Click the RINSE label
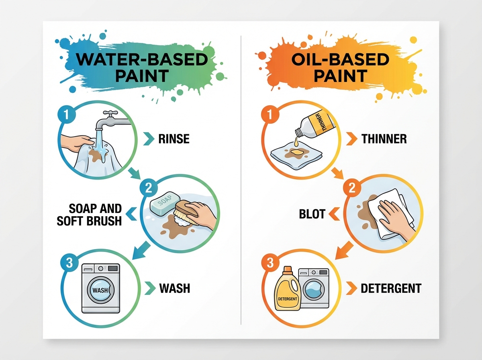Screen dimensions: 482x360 pyautogui.click(x=174, y=139)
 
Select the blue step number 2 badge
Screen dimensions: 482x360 pyautogui.click(x=149, y=188)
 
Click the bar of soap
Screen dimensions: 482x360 pyautogui.click(x=165, y=204)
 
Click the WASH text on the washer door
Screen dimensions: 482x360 pyautogui.click(x=100, y=290)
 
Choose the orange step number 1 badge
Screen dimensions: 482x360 pyautogui.click(x=270, y=114)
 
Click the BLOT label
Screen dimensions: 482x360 pyautogui.click(x=312, y=214)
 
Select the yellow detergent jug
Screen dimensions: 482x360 pyautogui.click(x=288, y=288)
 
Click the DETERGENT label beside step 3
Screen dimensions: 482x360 pyautogui.click(x=391, y=288)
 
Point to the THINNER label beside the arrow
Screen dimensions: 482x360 pyautogui.click(x=384, y=139)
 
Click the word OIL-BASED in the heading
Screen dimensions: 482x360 pyautogui.click(x=340, y=59)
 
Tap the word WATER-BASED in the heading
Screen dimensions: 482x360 pyautogui.click(x=142, y=59)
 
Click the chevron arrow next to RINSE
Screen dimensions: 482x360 pyautogui.click(x=149, y=139)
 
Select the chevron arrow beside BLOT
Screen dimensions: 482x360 pyautogui.click(x=335, y=214)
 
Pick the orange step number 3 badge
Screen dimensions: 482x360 pyautogui.click(x=270, y=263)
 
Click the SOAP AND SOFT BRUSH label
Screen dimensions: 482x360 pyautogui.click(x=89, y=215)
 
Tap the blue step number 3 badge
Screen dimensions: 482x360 pyautogui.click(x=69, y=263)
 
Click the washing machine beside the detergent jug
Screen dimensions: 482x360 pyautogui.click(x=314, y=288)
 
